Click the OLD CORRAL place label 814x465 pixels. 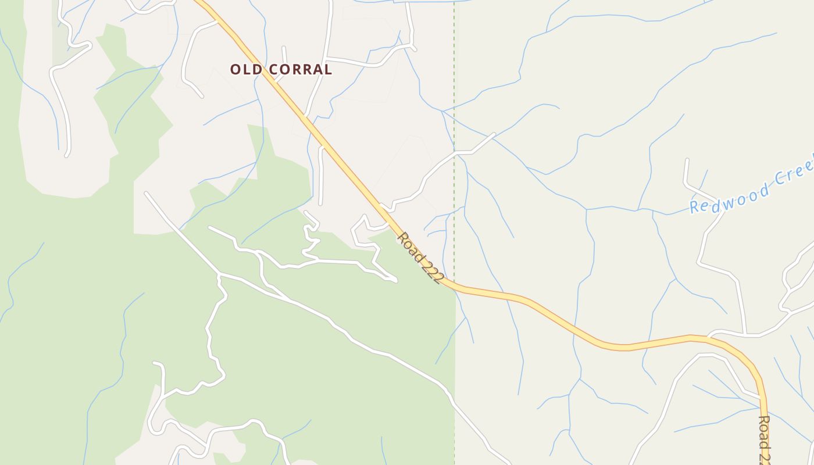281,70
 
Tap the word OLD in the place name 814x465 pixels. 244,70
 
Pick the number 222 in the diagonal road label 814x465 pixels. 430,271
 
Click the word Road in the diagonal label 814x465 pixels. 408,245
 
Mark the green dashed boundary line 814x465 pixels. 454,87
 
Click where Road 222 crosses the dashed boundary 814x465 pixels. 454,285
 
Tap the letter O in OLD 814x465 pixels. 235,70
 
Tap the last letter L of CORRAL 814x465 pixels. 328,70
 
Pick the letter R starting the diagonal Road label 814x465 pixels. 402,237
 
